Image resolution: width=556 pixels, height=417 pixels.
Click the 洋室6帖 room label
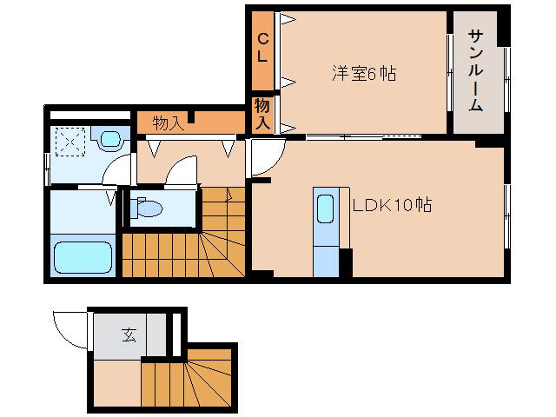pos(363,74)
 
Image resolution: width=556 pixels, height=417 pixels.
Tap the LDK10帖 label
pos(392,206)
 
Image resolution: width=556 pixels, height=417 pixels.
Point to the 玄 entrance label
pos(128,334)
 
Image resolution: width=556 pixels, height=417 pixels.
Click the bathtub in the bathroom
pos(82,257)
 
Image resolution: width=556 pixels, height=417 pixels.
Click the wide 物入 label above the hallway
pos(168,122)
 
